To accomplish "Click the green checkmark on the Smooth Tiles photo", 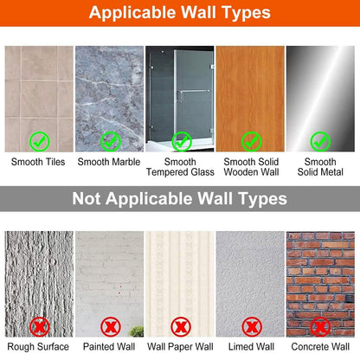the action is (40, 141).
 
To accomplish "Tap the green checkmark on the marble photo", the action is (110, 141).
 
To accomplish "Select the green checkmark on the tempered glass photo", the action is (182, 141).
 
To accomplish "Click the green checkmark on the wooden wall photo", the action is (251, 141).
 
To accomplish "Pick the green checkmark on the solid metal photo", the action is (320, 141).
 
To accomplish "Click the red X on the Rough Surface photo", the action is (40, 327).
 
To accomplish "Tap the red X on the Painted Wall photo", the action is (110, 327).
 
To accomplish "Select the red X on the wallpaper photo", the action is (181, 327).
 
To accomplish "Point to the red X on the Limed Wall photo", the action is (252, 327).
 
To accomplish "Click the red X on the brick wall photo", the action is (320, 327).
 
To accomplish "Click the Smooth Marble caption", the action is (109, 162).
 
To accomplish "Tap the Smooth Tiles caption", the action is (38, 162).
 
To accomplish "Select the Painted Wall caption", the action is (109, 346).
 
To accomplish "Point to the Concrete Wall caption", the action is (320, 346).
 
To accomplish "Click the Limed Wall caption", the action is (251, 346).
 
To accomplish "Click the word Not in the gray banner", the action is (87, 198).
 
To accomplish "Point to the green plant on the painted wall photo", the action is (137, 331).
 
